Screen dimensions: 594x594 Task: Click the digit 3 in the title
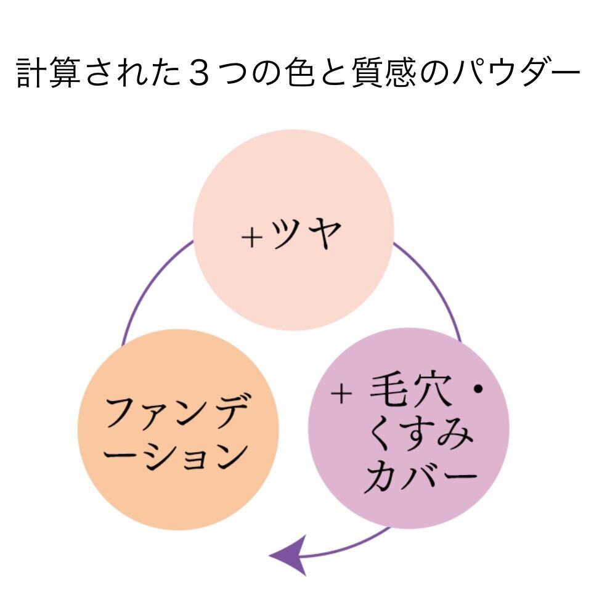[199, 72]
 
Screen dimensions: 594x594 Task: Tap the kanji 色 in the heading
[299, 72]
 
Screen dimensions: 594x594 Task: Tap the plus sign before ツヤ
[252, 237]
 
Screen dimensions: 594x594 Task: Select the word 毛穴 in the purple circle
[410, 390]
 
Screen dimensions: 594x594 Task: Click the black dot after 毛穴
[478, 389]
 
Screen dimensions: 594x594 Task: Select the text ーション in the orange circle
[176, 456]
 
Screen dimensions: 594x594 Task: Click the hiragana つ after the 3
[232, 72]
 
